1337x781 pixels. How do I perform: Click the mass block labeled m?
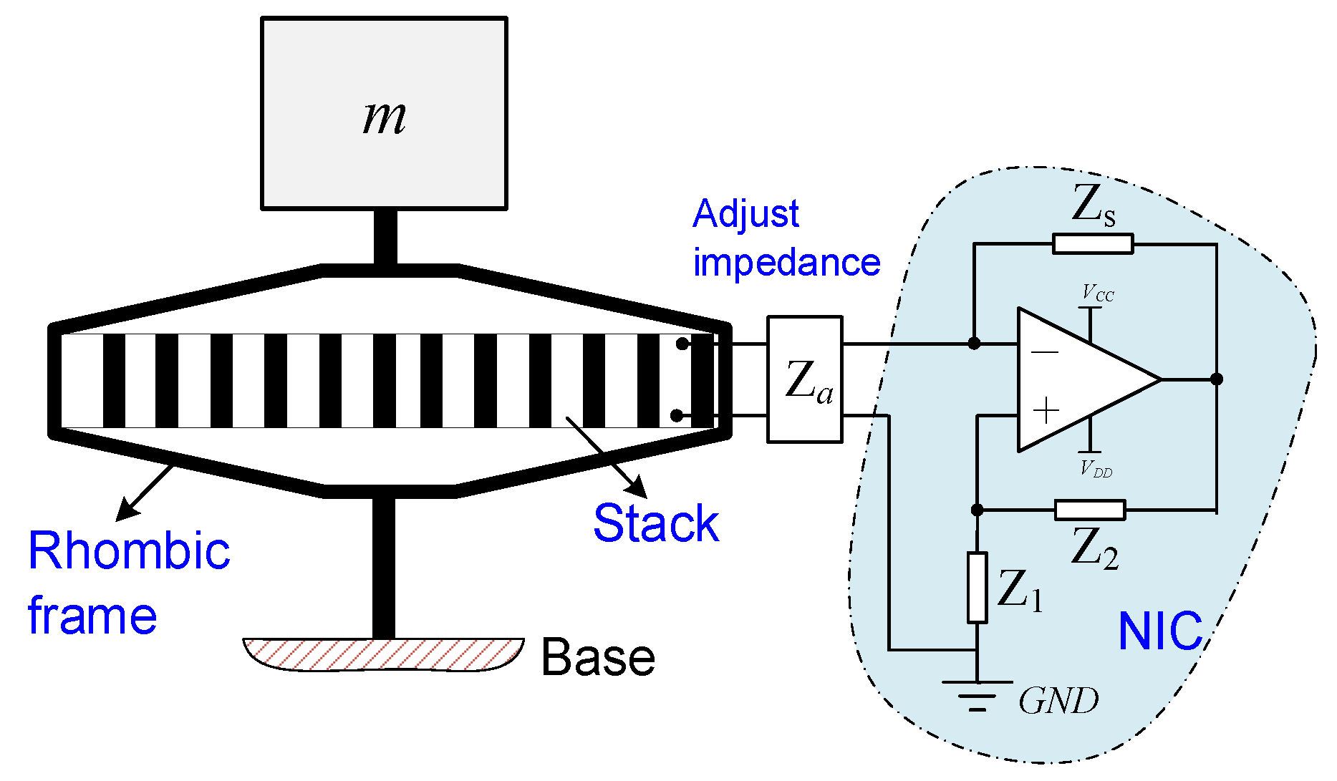click(x=384, y=115)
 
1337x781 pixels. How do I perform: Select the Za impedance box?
click(x=804, y=379)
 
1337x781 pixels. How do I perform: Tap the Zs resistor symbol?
click(x=1093, y=244)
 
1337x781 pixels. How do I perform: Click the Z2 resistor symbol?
click(x=1090, y=510)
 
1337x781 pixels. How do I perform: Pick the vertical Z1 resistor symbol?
click(x=978, y=587)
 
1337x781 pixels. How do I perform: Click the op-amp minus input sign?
click(x=1045, y=352)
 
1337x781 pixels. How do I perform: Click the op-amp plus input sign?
click(x=1046, y=411)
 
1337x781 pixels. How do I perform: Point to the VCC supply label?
click(x=1098, y=293)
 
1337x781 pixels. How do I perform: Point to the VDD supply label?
click(x=1096, y=470)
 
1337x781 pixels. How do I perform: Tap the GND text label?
click(x=1058, y=701)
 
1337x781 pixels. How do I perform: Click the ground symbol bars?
click(x=978, y=694)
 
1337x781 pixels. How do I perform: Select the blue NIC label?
click(x=1160, y=631)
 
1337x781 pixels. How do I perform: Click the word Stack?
click(x=656, y=523)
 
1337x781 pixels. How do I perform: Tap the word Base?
click(x=598, y=657)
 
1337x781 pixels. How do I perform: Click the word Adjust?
click(x=745, y=214)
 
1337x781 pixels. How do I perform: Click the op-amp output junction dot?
click(x=1216, y=379)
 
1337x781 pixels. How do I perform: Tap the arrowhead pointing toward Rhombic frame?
click(x=125, y=512)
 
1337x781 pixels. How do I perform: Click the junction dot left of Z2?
click(x=978, y=510)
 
